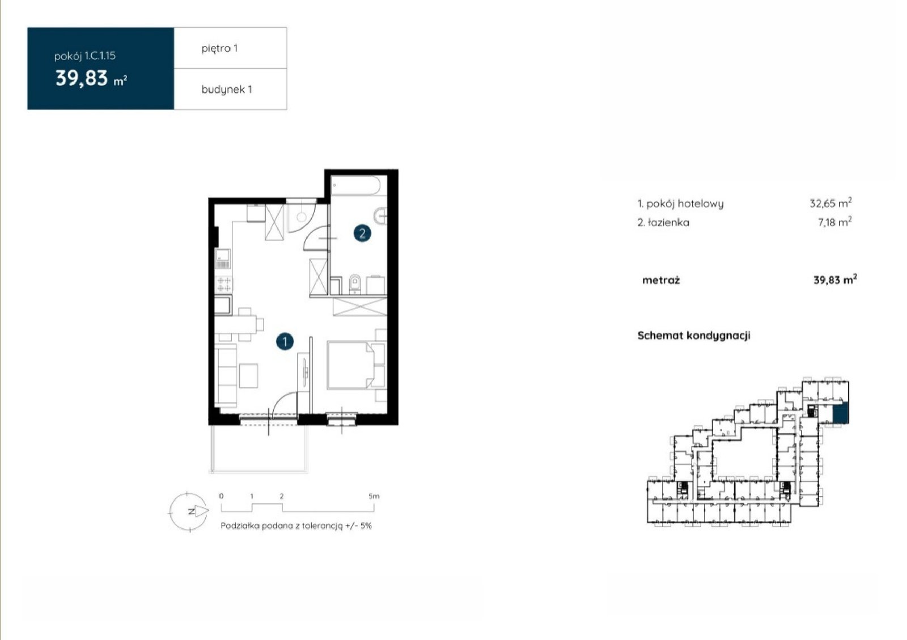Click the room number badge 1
285,341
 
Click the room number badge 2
362,233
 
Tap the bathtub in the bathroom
355,186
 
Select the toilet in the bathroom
355,284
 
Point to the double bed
351,365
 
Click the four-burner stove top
223,283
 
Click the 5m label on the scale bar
374,496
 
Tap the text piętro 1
219,49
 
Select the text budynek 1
227,90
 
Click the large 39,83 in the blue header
82,78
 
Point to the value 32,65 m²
830,202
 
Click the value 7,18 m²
835,222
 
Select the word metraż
661,280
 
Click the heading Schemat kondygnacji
694,336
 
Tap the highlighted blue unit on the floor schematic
840,413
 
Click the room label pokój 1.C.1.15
85,56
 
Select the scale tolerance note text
296,526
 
